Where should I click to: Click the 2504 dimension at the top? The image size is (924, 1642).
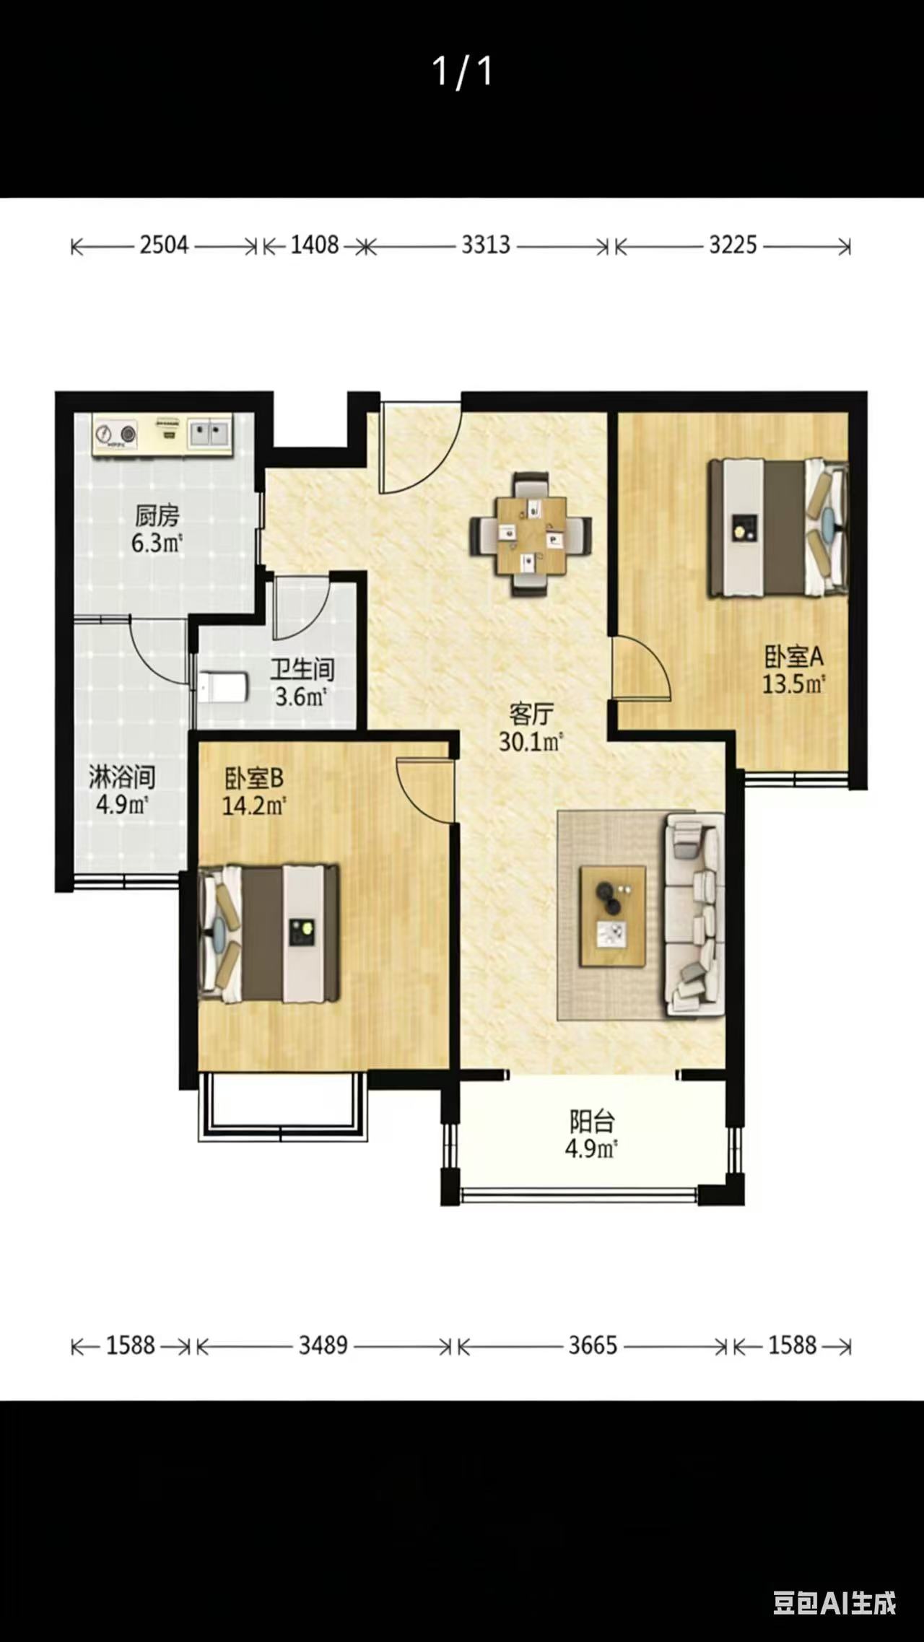[x=164, y=245]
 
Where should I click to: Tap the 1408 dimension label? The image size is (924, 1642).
[x=315, y=245]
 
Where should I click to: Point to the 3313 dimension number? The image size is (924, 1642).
[x=486, y=245]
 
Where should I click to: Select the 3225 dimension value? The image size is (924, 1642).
[x=733, y=245]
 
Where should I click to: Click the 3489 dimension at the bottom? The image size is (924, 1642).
[x=323, y=1345]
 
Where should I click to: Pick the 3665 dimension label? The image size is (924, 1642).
[x=593, y=1345]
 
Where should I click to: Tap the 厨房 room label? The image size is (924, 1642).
[x=157, y=516]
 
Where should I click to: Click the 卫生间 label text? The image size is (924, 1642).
[x=302, y=669]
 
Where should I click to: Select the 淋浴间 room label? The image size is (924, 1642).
[x=122, y=777]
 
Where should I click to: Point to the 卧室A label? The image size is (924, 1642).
[x=794, y=657]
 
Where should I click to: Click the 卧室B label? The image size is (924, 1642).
[x=254, y=778]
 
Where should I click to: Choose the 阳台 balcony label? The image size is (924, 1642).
[x=592, y=1122]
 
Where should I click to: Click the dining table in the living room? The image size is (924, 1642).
[x=531, y=534]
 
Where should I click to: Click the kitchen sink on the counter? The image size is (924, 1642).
[x=209, y=434]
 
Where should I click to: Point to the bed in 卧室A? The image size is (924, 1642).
[x=778, y=528]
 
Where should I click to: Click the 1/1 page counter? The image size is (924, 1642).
[x=463, y=71]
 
